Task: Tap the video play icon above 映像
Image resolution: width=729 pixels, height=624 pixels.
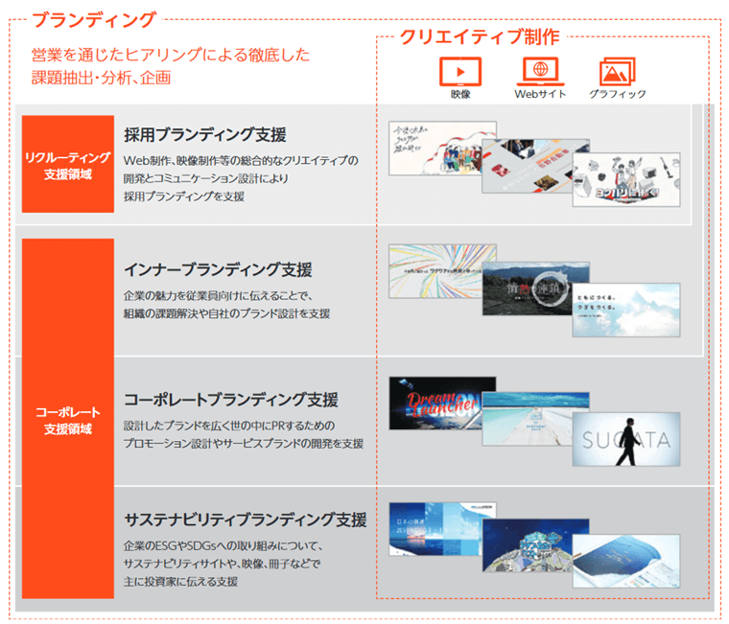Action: click(x=459, y=71)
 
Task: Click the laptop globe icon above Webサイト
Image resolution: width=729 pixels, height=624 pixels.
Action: click(x=540, y=71)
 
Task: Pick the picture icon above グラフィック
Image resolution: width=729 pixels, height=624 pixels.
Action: click(x=617, y=72)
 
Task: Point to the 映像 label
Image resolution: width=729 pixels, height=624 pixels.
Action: click(x=459, y=94)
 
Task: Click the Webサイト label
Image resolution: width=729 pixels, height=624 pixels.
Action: click(x=540, y=94)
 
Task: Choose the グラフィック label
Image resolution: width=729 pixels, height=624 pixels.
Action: click(x=617, y=94)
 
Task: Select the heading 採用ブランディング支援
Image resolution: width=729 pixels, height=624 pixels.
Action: click(x=204, y=134)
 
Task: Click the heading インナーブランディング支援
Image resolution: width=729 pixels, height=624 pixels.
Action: click(x=218, y=270)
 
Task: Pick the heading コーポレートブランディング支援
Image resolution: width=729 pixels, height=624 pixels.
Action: click(x=230, y=399)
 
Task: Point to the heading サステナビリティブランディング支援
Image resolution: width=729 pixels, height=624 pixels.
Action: click(x=246, y=520)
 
